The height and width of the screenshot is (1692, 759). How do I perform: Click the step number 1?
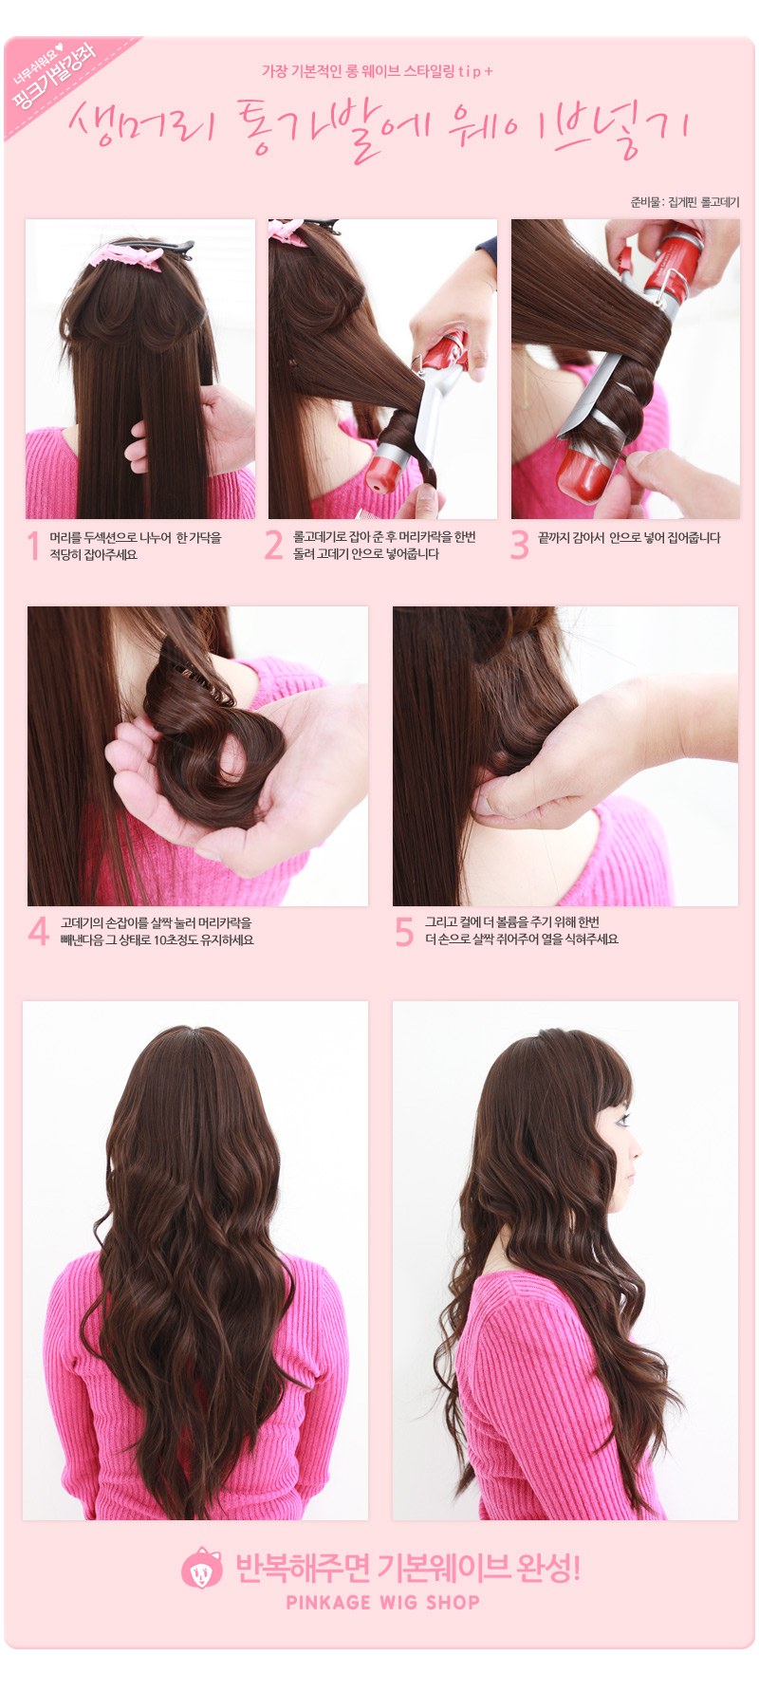(x=34, y=547)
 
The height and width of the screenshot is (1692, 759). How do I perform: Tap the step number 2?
(x=274, y=546)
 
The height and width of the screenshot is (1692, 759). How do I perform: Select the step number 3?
(x=519, y=546)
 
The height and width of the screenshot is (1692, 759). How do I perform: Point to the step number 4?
(x=39, y=931)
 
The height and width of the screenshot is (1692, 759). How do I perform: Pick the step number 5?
(x=404, y=931)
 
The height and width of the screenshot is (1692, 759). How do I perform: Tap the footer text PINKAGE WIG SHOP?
(x=383, y=1603)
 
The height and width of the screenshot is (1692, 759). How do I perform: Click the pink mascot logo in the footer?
(x=201, y=1569)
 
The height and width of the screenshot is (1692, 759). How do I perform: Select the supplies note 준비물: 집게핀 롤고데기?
(x=684, y=202)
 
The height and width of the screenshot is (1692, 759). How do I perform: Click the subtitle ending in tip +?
(x=378, y=71)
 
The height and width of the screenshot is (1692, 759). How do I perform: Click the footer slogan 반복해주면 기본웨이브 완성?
(x=407, y=1568)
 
